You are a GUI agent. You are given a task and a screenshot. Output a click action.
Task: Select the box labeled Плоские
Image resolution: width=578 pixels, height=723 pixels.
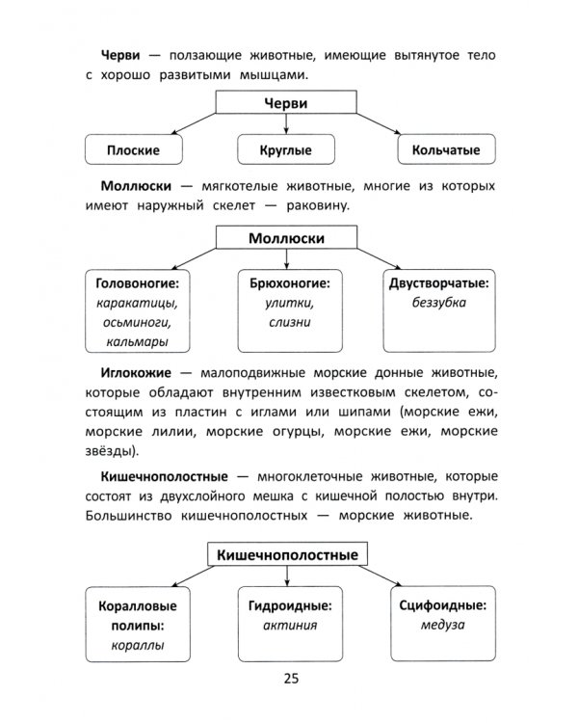coord(133,150)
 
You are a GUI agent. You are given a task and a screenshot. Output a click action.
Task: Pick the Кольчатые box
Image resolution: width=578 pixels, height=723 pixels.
coord(445,150)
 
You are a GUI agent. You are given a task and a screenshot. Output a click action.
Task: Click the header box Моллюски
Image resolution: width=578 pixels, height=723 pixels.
coord(286,238)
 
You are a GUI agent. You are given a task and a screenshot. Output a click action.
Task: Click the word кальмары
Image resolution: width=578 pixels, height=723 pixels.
coord(136,340)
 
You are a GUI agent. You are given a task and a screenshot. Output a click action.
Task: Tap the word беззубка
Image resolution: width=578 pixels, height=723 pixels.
coord(438,303)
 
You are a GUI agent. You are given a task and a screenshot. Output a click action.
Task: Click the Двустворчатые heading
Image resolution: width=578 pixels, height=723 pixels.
coord(438,284)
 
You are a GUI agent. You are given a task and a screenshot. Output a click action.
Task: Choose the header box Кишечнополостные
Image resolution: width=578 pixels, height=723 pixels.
coord(287,555)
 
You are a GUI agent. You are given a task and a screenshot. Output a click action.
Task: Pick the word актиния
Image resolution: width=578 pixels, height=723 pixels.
coord(289,625)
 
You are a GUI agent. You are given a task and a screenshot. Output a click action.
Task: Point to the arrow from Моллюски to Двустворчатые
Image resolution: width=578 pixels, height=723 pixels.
coord(380,254)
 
